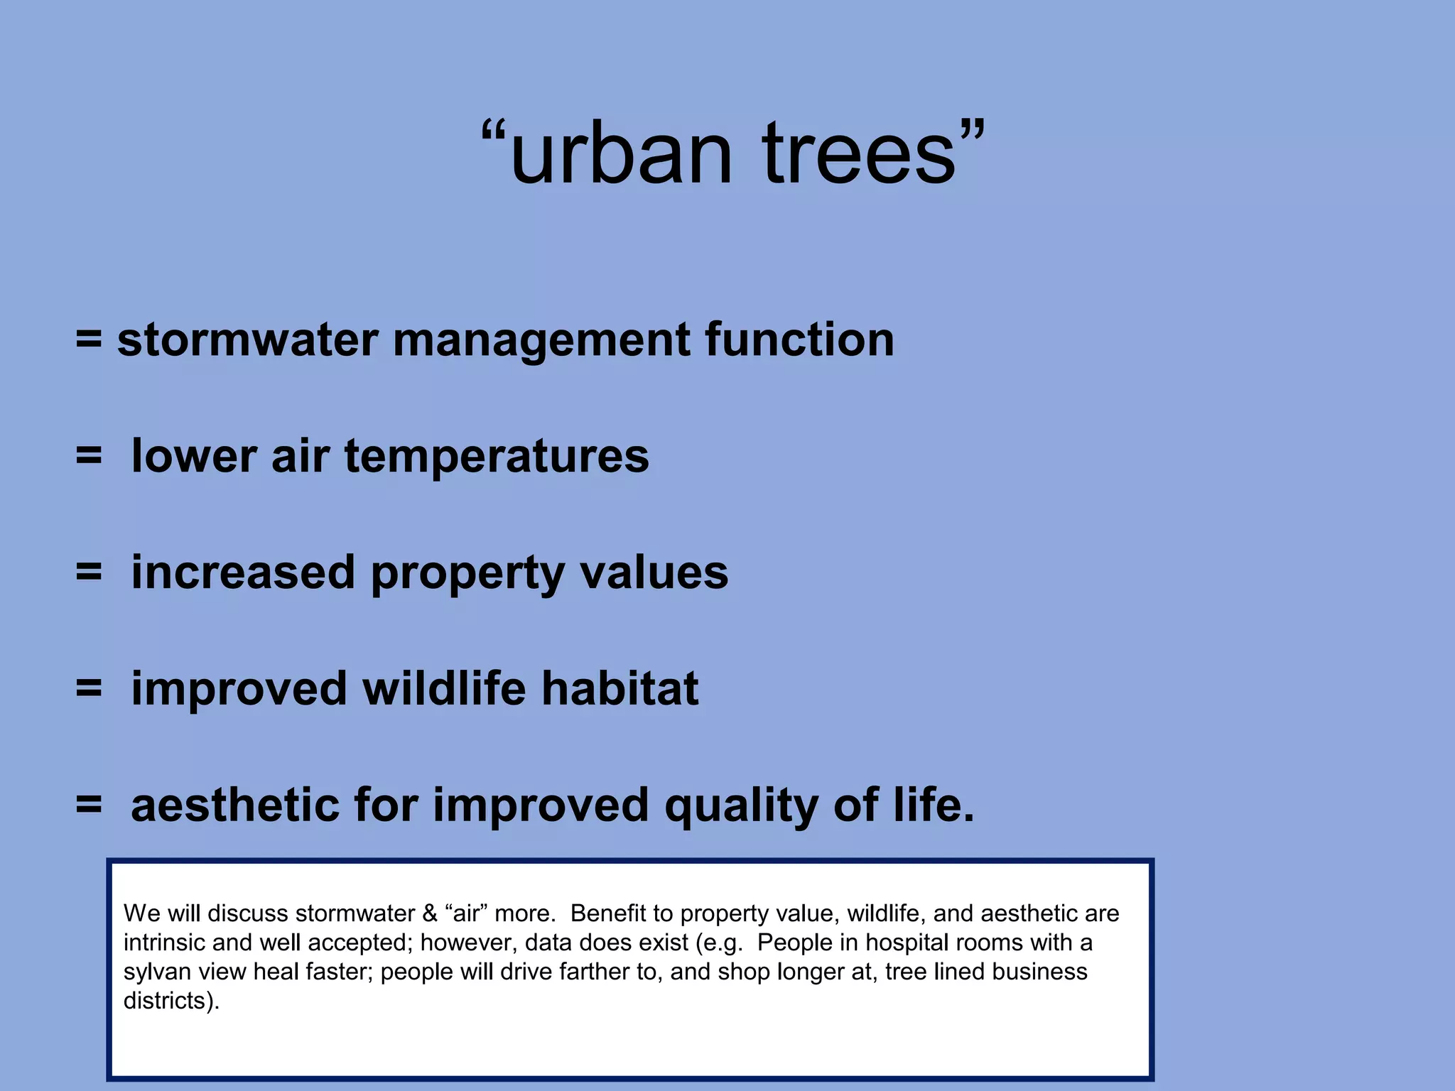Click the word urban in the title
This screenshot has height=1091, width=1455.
click(x=620, y=155)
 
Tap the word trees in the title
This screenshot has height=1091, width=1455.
click(x=858, y=155)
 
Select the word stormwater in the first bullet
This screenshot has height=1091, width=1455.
click(x=247, y=340)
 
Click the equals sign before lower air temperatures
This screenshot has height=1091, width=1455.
click(x=89, y=456)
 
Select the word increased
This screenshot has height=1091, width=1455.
click(x=243, y=572)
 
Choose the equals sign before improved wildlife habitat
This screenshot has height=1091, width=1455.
click(x=89, y=689)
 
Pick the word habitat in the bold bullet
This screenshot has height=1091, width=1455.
click(x=620, y=689)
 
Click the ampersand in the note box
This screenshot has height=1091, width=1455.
click(x=430, y=913)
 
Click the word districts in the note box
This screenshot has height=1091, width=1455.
click(x=164, y=1001)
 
